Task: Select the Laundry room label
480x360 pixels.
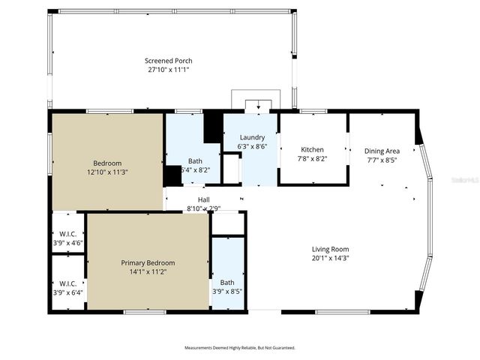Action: pos(252,138)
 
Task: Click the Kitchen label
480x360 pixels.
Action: pos(312,149)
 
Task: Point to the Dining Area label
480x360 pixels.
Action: pos(382,150)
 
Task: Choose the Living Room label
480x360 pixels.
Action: pos(330,249)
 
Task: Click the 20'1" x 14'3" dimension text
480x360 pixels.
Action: pos(330,258)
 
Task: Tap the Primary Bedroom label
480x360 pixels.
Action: pos(148,263)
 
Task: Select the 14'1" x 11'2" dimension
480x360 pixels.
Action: pos(148,272)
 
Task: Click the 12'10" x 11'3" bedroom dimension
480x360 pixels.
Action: pos(107,172)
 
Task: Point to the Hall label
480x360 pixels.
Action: pos(203,199)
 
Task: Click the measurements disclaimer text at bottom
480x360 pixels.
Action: pos(240,348)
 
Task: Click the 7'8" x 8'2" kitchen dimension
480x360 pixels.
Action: pos(312,158)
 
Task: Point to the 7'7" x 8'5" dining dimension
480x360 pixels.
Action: pos(382,159)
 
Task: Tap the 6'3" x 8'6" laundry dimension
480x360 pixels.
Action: pos(252,147)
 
